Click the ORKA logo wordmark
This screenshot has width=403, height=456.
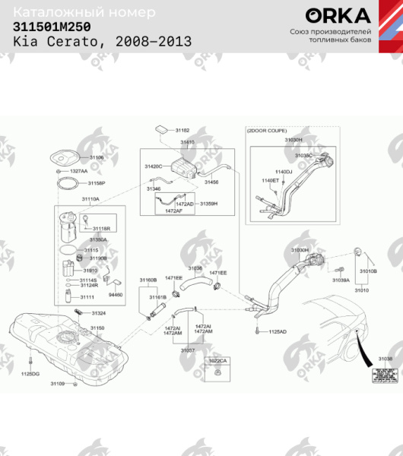coord(338,16)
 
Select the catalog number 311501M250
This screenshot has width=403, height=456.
coord(51,27)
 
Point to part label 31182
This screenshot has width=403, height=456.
coord(182,131)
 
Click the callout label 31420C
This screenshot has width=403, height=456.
coord(154,166)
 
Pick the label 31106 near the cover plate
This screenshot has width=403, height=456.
coord(97,157)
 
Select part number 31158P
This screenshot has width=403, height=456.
coord(97,183)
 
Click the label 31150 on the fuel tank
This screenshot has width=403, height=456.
coord(97,328)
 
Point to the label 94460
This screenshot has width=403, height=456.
coord(115,295)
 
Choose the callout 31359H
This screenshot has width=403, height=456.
coord(208,204)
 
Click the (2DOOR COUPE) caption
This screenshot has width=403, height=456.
coord(264,131)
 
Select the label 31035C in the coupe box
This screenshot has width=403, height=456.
coord(303,156)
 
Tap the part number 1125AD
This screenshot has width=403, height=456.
coord(278,332)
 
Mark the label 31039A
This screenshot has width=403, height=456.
coord(340,280)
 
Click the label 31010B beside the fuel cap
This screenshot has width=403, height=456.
coord(368,271)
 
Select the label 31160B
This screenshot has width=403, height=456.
coord(148,280)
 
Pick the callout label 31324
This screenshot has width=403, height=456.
coord(99,313)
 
